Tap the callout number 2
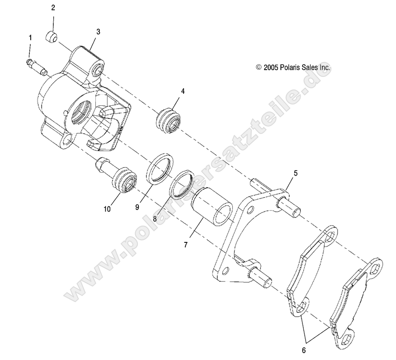(53, 8)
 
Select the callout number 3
(98, 32)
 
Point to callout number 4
(183, 91)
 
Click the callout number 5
(296, 173)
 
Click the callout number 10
(107, 209)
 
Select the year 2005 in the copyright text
(270, 67)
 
